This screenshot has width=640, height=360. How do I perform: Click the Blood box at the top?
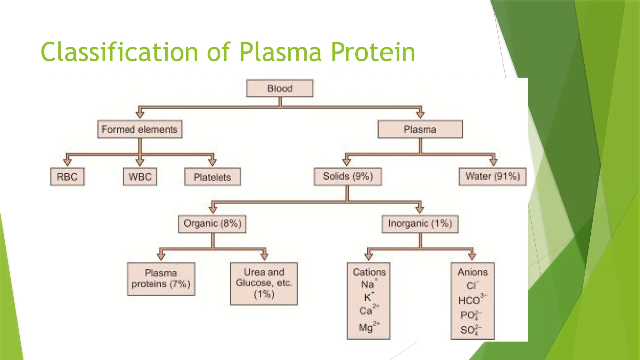point(280,88)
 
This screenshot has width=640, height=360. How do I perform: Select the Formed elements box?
point(140,129)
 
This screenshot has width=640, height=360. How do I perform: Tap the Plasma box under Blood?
point(420,129)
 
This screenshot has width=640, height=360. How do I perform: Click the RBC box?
point(67,177)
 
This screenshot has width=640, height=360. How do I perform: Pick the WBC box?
point(140,177)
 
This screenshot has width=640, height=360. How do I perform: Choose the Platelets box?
point(212,177)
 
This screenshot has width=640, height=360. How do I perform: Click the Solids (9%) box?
point(348,177)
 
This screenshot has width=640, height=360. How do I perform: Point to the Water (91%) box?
point(492,177)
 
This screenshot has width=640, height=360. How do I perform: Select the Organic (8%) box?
point(212,224)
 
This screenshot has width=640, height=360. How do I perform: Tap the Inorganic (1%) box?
point(420,224)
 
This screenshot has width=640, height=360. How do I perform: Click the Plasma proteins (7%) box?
point(161,279)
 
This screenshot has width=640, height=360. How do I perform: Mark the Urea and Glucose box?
point(264,283)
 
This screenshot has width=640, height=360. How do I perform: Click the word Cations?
point(369,272)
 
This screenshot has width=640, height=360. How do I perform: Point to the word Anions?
point(472,272)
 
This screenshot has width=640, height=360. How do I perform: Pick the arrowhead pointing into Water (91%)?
point(493,162)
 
